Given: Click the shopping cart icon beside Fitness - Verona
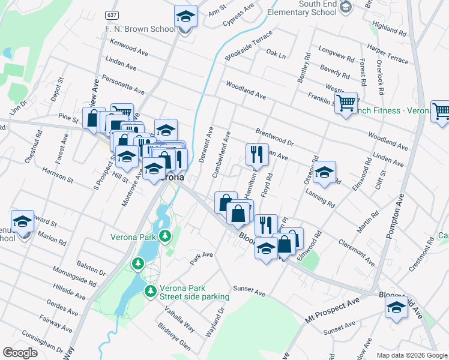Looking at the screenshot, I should coord(346,103).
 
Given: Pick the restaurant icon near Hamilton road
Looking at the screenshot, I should coord(257,154).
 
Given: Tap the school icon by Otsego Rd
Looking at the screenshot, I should coord(324,173).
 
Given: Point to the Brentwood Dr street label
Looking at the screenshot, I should coord(274,137).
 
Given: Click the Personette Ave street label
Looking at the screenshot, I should coord(123,83).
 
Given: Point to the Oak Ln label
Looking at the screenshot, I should coord(276,53).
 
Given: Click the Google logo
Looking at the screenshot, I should coord(20,353).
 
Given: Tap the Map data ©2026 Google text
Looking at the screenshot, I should coord(411,355).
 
